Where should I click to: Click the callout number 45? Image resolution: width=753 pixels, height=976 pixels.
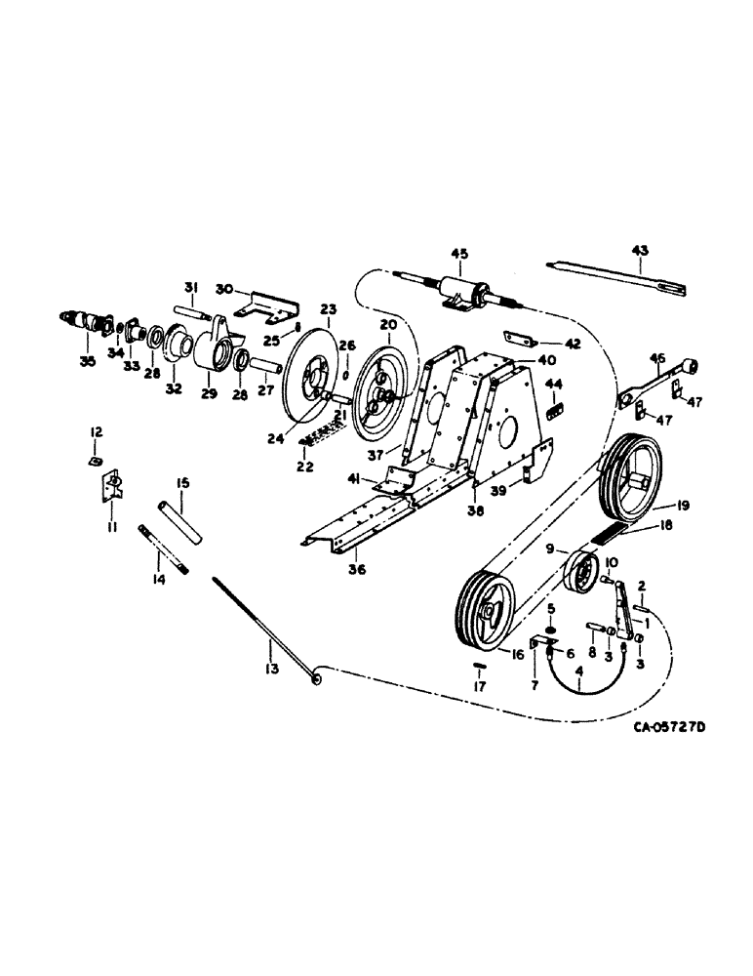(458, 255)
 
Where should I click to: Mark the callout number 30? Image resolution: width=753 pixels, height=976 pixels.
(223, 289)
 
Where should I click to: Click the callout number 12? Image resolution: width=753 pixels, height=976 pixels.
(96, 431)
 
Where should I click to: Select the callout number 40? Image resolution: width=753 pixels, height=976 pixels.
(521, 360)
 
